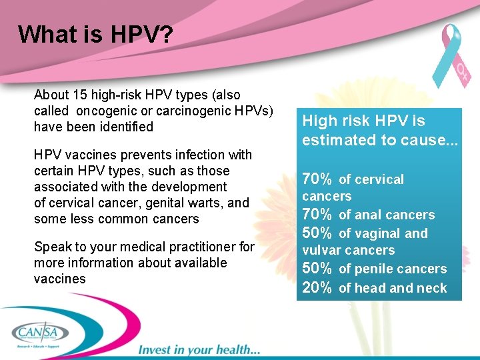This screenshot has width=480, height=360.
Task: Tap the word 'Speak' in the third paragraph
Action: pyautogui.click(x=51, y=247)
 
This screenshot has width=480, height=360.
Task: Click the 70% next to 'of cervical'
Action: pyautogui.click(x=317, y=179)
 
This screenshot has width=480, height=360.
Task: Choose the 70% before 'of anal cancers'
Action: pyautogui.click(x=317, y=214)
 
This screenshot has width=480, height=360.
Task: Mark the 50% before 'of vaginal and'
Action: pyautogui.click(x=317, y=233)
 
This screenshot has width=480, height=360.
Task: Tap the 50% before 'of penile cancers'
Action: pyautogui.click(x=317, y=268)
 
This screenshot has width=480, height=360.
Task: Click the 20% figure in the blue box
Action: pyautogui.click(x=317, y=287)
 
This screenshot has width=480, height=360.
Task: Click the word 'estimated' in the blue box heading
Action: pyautogui.click(x=333, y=140)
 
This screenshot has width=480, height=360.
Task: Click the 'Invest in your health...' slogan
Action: pyautogui.click(x=199, y=349)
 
